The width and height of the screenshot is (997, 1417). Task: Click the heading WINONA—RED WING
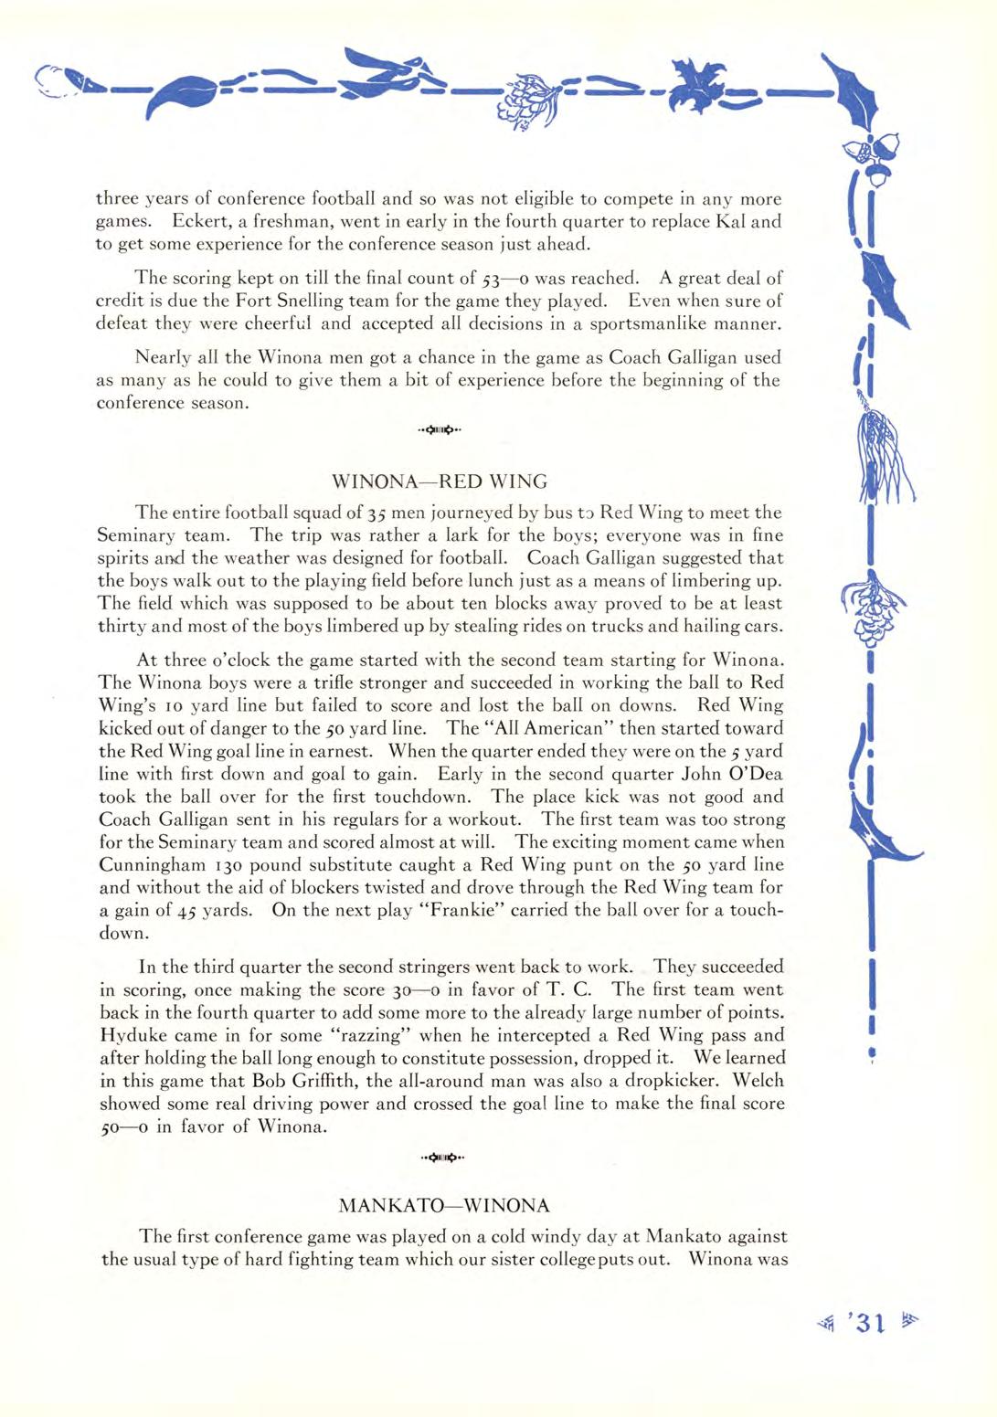[440, 481]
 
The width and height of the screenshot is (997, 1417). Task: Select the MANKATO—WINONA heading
[444, 1205]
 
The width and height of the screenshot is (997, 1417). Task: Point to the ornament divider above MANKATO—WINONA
[442, 1159]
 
